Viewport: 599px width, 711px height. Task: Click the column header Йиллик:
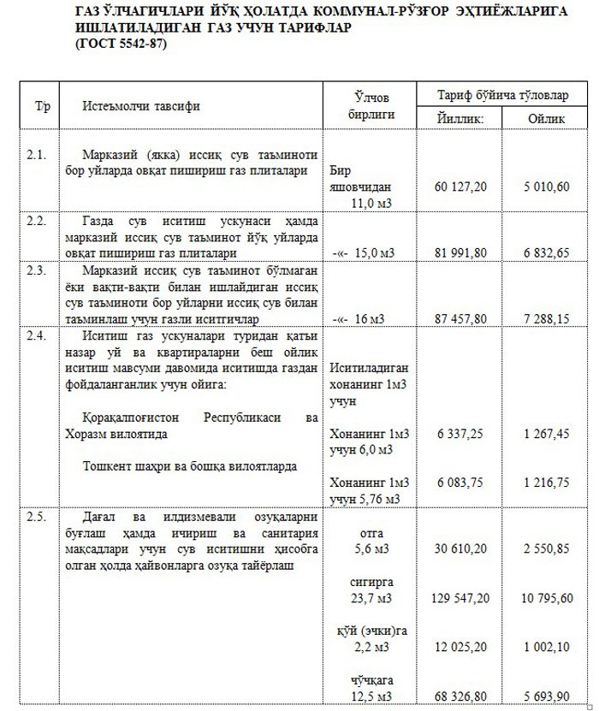tap(460, 118)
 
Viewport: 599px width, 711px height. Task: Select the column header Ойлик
tap(548, 118)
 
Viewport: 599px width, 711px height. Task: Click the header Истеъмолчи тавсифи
tap(141, 107)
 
